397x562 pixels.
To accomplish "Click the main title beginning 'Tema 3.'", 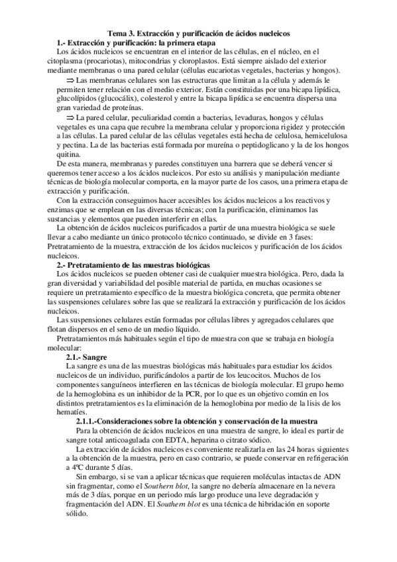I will (x=199, y=33).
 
